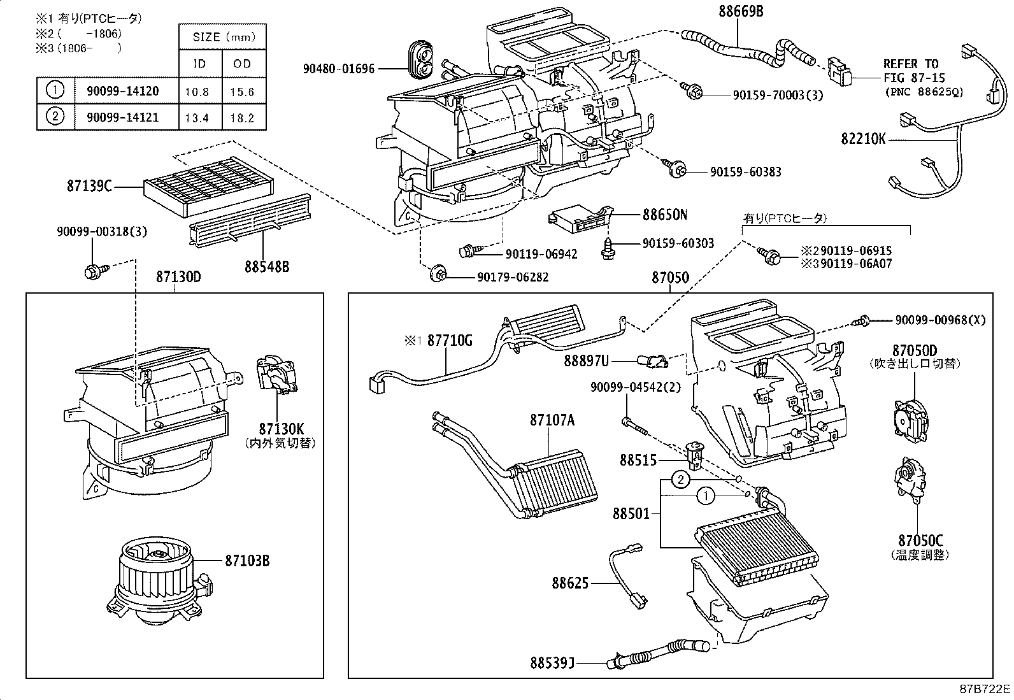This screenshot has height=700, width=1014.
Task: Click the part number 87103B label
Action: point(246,561)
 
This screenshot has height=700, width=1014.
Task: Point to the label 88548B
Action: point(267,266)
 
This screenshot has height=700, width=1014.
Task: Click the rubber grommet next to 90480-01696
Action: point(420,61)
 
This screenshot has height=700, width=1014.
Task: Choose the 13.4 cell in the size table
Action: point(197,117)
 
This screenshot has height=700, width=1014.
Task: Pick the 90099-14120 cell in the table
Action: point(122,91)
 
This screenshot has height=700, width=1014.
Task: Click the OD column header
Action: point(243,64)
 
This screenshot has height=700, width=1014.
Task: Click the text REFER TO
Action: point(910,64)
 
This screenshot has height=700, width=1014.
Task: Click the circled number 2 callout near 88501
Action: point(681,480)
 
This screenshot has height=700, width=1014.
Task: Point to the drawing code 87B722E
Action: point(985,689)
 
